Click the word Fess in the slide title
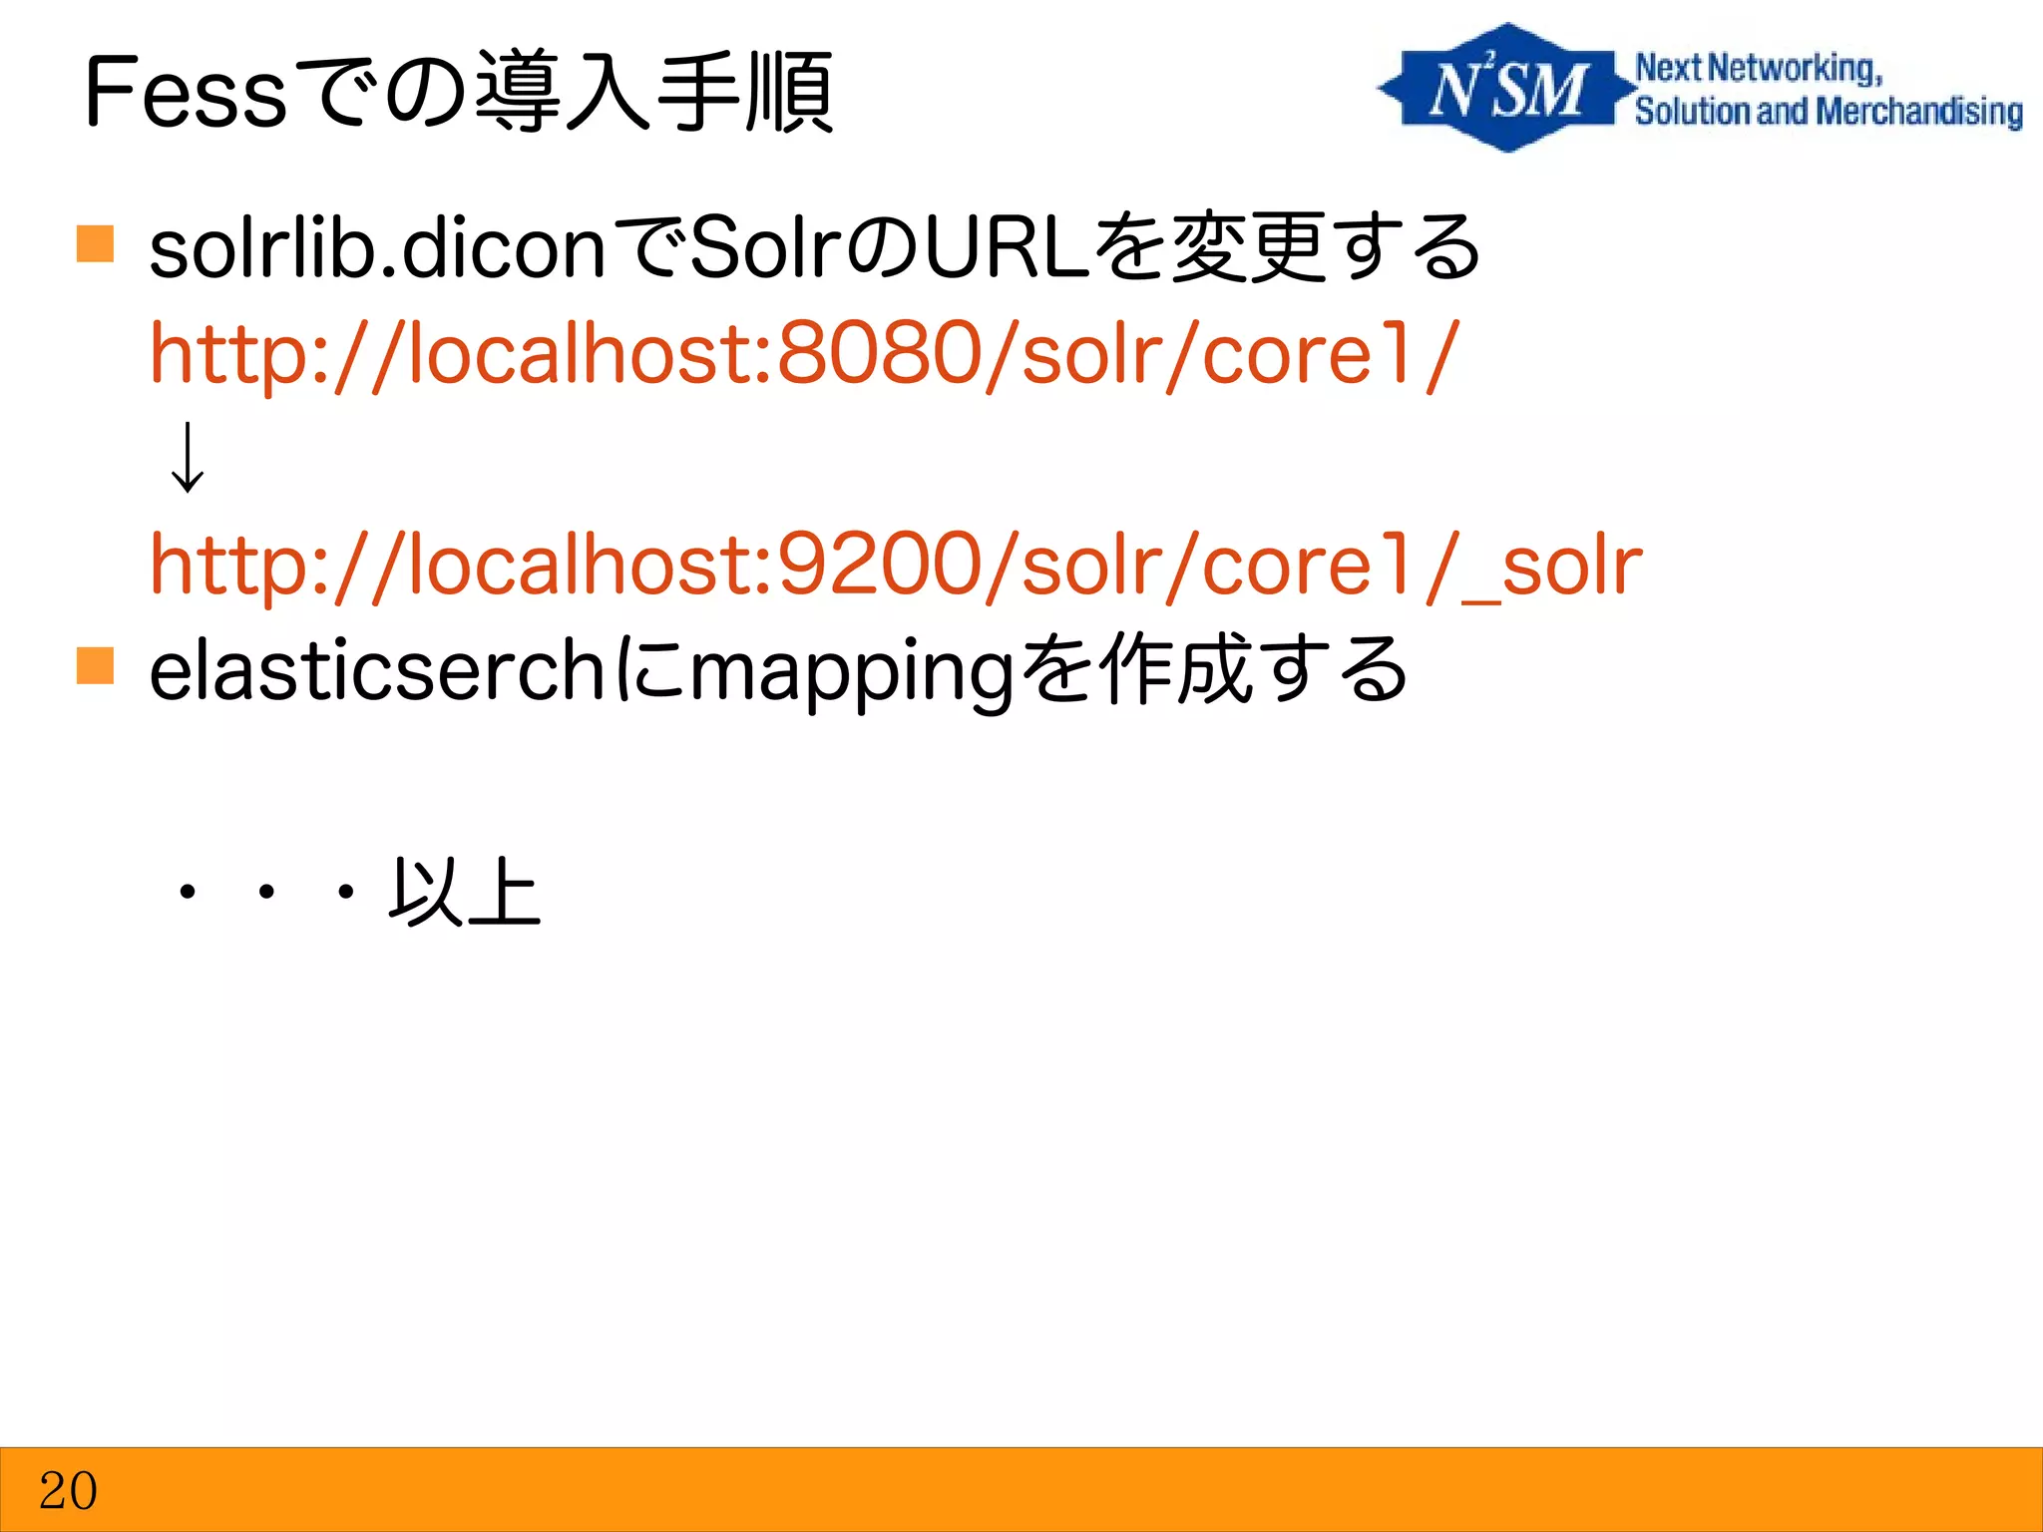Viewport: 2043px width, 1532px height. coord(186,94)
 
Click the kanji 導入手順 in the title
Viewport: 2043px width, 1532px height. coord(653,92)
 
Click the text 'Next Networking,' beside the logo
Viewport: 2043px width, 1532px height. coord(1759,68)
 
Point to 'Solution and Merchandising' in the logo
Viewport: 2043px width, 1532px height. coord(1828,112)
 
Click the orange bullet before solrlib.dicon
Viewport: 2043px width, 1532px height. coord(96,244)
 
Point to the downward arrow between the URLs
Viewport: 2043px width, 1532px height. coord(188,458)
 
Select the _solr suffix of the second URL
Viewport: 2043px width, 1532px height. coord(1551,567)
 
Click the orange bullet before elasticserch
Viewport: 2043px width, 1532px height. coord(96,665)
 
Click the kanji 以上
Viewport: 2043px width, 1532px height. coord(465,892)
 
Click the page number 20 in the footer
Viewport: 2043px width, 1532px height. coord(68,1491)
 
